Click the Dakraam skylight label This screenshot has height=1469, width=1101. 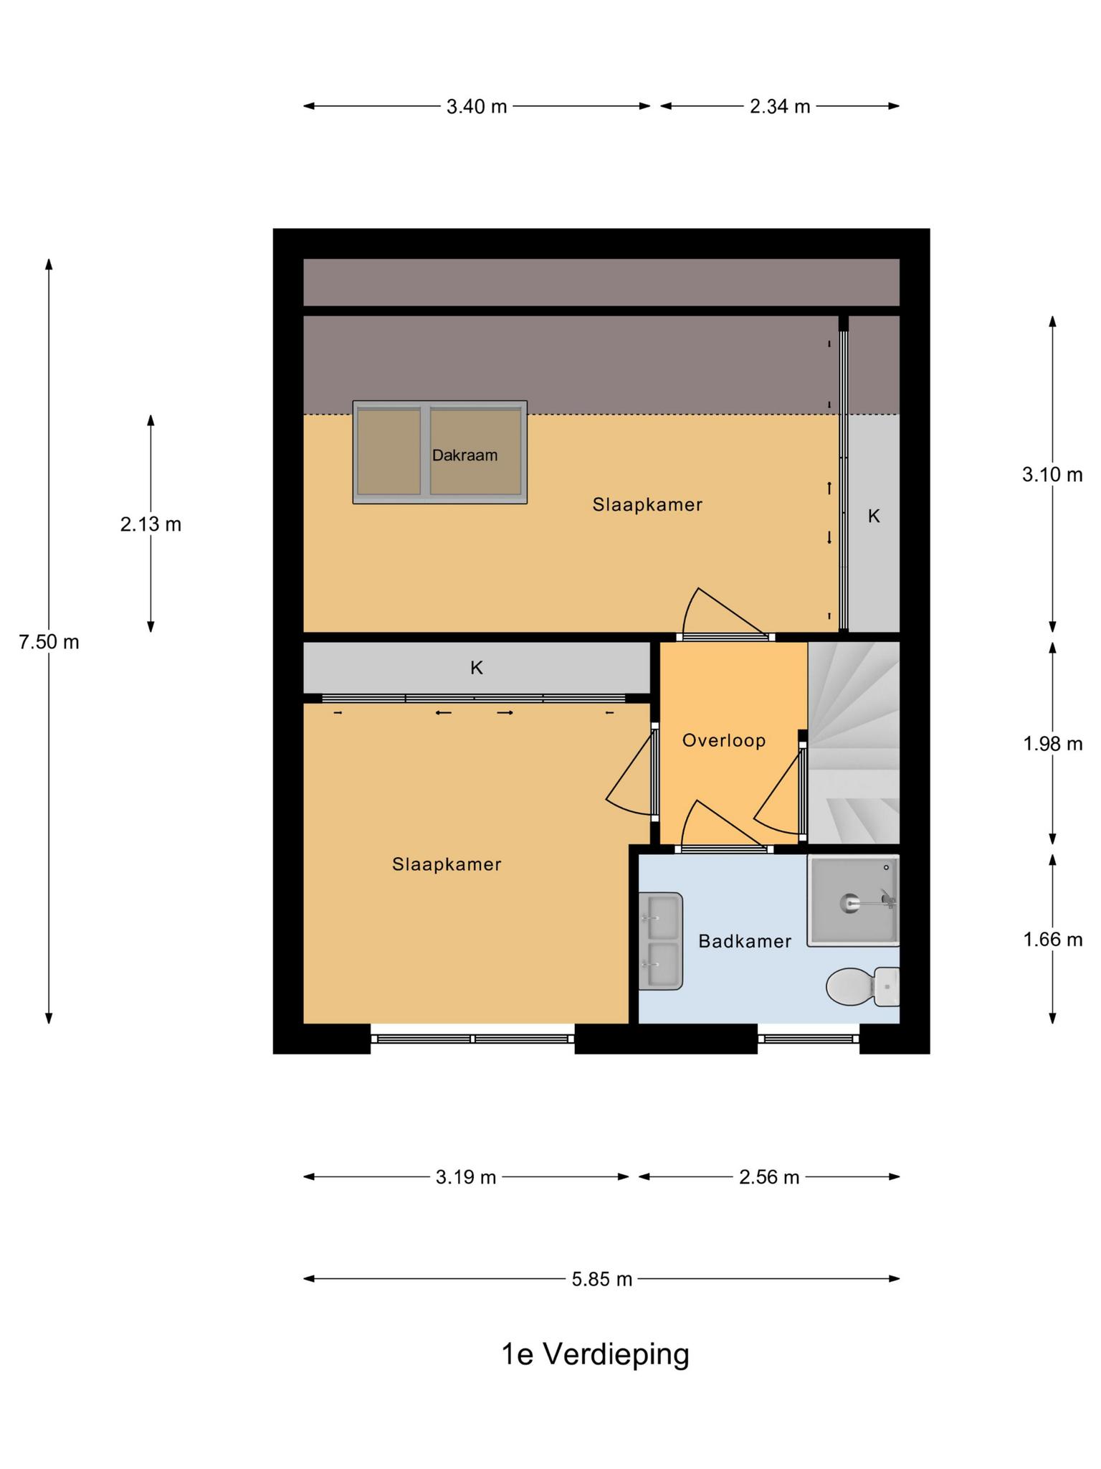464,455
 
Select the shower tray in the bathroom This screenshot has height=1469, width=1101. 853,900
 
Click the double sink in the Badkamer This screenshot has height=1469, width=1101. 660,941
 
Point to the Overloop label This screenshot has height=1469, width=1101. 724,740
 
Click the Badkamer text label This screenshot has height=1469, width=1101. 745,941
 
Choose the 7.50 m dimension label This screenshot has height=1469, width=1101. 49,642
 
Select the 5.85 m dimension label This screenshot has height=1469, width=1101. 602,1279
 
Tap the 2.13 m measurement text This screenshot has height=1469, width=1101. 151,524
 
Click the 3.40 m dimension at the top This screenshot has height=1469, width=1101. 477,106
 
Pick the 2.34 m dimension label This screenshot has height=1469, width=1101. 780,106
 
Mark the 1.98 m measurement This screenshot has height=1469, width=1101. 1052,744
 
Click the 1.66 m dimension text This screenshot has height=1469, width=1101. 1052,939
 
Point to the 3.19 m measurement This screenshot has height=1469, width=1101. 466,1177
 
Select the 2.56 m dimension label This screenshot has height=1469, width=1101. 769,1177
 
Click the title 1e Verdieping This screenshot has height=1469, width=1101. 595,1354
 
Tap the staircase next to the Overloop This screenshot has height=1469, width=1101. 854,742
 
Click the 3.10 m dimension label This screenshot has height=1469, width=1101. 1052,474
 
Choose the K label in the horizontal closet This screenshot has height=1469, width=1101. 477,668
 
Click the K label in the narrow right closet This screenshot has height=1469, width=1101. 874,516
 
